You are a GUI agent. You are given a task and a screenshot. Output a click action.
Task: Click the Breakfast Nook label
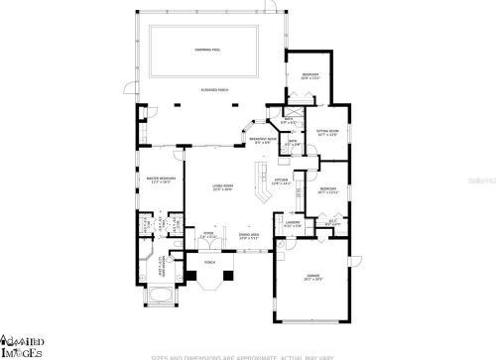click(x=262, y=140)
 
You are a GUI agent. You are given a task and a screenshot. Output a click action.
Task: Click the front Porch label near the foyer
click(x=209, y=291)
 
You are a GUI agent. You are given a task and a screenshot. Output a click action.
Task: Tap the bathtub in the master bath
click(x=159, y=322)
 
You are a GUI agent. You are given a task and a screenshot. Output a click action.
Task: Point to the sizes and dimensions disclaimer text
click(x=248, y=354)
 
